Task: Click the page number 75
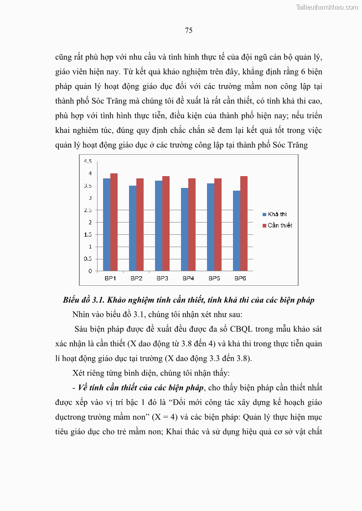189,30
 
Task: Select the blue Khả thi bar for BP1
106,225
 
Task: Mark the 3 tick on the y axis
90,198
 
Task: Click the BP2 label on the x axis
136,278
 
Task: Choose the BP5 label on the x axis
214,278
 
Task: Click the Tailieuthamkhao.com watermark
327,7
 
